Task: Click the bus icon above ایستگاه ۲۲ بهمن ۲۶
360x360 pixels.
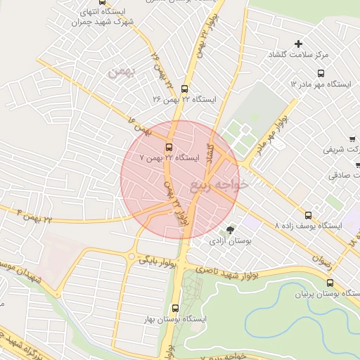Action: (184, 89)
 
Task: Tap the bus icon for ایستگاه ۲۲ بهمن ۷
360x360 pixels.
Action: (169, 147)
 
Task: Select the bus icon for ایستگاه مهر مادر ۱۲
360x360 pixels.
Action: (321, 72)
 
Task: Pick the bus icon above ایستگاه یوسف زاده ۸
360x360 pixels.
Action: (308, 215)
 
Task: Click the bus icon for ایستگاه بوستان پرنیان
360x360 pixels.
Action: (330, 283)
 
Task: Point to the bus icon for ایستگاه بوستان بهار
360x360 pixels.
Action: (175, 307)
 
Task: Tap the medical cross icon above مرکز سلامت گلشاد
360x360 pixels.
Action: (298, 44)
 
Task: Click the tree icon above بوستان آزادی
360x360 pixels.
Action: (229, 230)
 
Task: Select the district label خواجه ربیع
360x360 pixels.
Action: (219, 185)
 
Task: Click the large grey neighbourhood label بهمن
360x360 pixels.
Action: (120, 72)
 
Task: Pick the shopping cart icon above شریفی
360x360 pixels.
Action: (352, 139)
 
